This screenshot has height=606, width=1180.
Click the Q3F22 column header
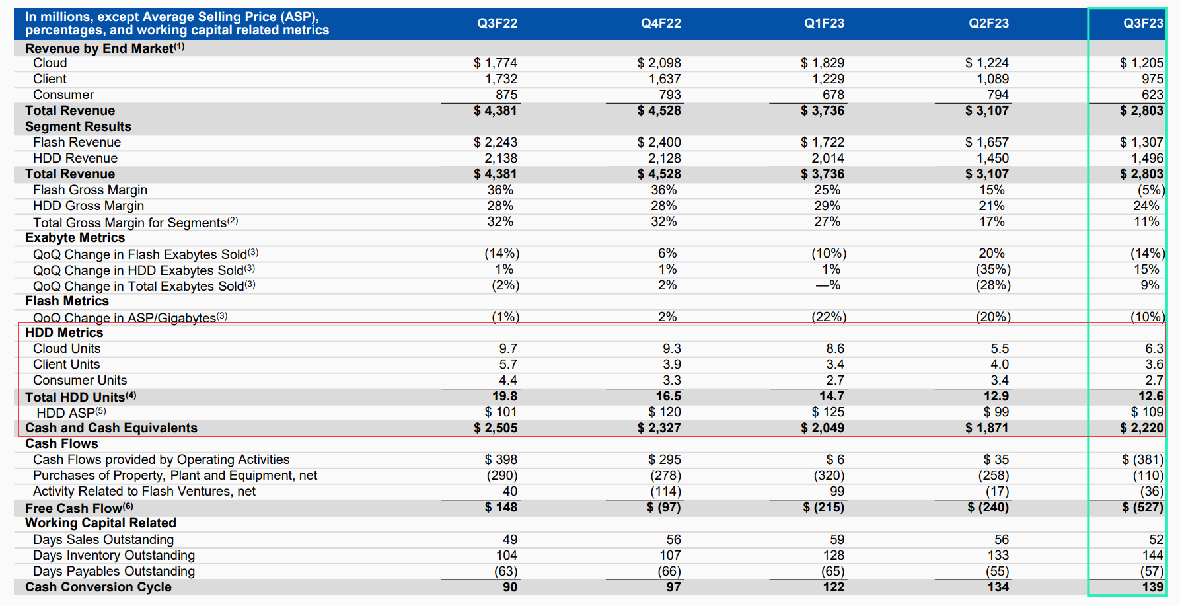pyautogui.click(x=498, y=23)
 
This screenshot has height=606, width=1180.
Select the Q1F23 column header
pyautogui.click(x=824, y=23)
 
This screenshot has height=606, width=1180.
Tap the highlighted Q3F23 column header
pyautogui.click(x=1143, y=23)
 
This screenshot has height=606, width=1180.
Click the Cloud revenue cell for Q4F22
pyautogui.click(x=659, y=63)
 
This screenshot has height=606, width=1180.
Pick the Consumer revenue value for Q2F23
pyautogui.click(x=998, y=95)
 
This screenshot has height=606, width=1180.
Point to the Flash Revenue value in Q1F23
pyautogui.click(x=823, y=142)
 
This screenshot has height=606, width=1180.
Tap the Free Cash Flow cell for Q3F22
pyautogui.click(x=501, y=507)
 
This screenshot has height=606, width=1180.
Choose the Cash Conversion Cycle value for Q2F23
pyautogui.click(x=998, y=587)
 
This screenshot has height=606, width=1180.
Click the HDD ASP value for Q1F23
pyautogui.click(x=829, y=412)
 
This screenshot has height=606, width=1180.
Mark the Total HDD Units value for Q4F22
pyautogui.click(x=668, y=396)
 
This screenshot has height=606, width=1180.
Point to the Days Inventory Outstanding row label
pyautogui.click(x=114, y=555)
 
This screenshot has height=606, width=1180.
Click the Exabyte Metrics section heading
pyautogui.click(x=75, y=237)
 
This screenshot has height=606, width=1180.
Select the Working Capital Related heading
pyautogui.click(x=100, y=523)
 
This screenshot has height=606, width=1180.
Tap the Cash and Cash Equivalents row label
pyautogui.click(x=111, y=428)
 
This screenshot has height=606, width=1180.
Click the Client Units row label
pyautogui.click(x=67, y=364)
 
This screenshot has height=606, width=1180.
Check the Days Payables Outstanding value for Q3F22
pyautogui.click(x=505, y=571)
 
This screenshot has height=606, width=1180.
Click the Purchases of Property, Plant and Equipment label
pyautogui.click(x=175, y=475)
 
